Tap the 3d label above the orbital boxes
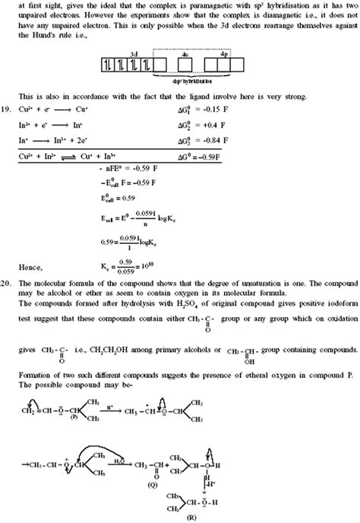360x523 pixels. coord(134,55)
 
